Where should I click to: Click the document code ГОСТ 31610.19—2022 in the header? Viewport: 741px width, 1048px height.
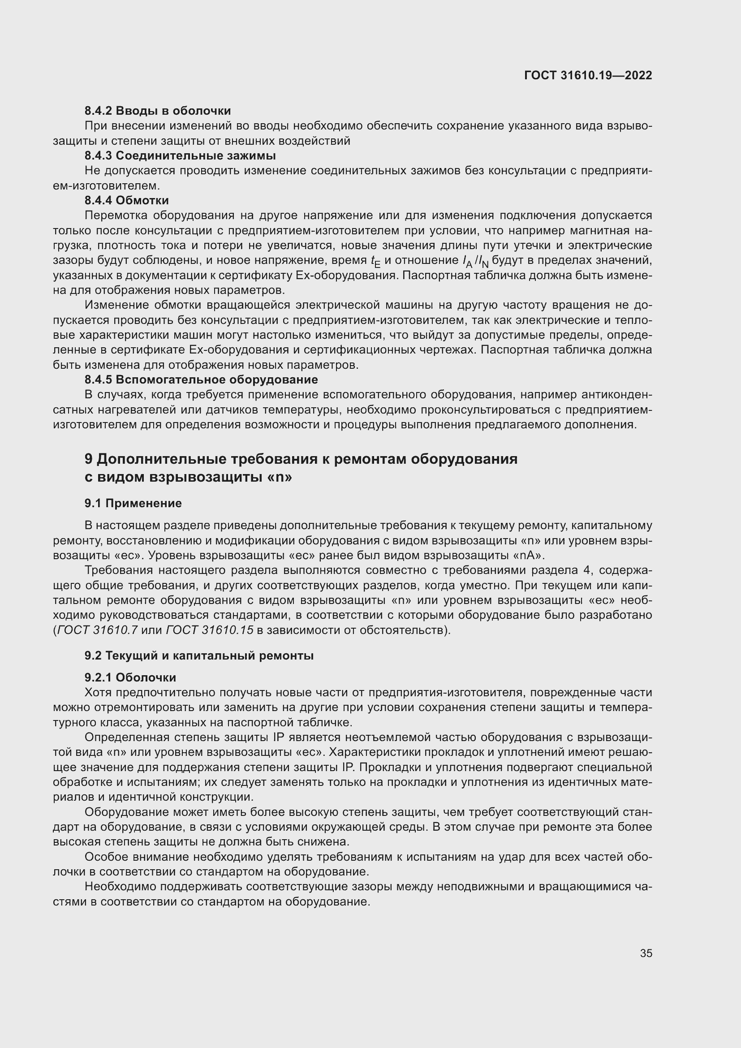588,76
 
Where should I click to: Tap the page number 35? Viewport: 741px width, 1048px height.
646,953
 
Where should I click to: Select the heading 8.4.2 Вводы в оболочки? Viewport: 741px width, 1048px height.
157,111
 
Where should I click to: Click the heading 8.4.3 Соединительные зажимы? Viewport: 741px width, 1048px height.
180,155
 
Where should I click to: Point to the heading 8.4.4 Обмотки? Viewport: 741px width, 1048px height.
126,200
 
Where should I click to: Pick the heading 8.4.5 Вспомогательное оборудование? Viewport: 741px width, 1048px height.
201,380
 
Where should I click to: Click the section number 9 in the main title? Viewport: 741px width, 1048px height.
89,459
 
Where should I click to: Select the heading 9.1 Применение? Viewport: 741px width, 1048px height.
133,504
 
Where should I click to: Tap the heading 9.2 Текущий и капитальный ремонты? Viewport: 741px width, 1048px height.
199,656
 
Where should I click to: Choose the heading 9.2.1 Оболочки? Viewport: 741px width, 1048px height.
130,677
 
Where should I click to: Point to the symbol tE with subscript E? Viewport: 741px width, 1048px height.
375,262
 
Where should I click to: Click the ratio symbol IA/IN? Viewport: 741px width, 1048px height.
475,262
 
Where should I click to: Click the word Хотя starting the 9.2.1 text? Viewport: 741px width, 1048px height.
99,692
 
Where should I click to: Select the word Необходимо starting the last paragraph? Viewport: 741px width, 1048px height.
121,887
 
